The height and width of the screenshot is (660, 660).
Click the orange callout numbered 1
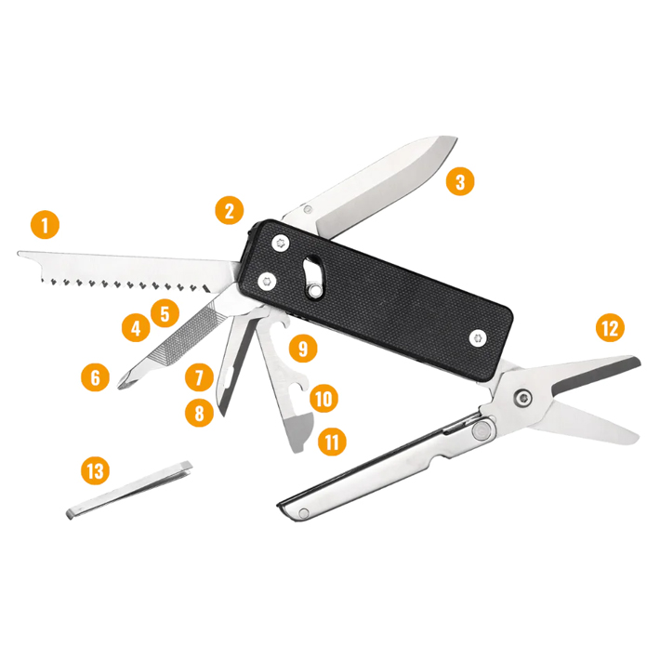[x=44, y=225]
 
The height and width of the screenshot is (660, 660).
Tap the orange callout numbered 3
[x=458, y=181]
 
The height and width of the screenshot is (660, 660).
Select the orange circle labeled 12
[x=609, y=327]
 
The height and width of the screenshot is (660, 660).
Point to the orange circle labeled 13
[x=94, y=471]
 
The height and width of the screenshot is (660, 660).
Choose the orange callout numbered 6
[x=94, y=377]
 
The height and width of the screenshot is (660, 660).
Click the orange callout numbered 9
[x=302, y=349]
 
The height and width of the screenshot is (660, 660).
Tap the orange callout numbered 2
[x=229, y=210]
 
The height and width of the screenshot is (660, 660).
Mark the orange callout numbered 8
[x=197, y=413]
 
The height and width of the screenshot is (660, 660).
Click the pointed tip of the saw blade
[x=20, y=252]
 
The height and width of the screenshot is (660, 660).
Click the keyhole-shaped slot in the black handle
[x=312, y=276]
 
